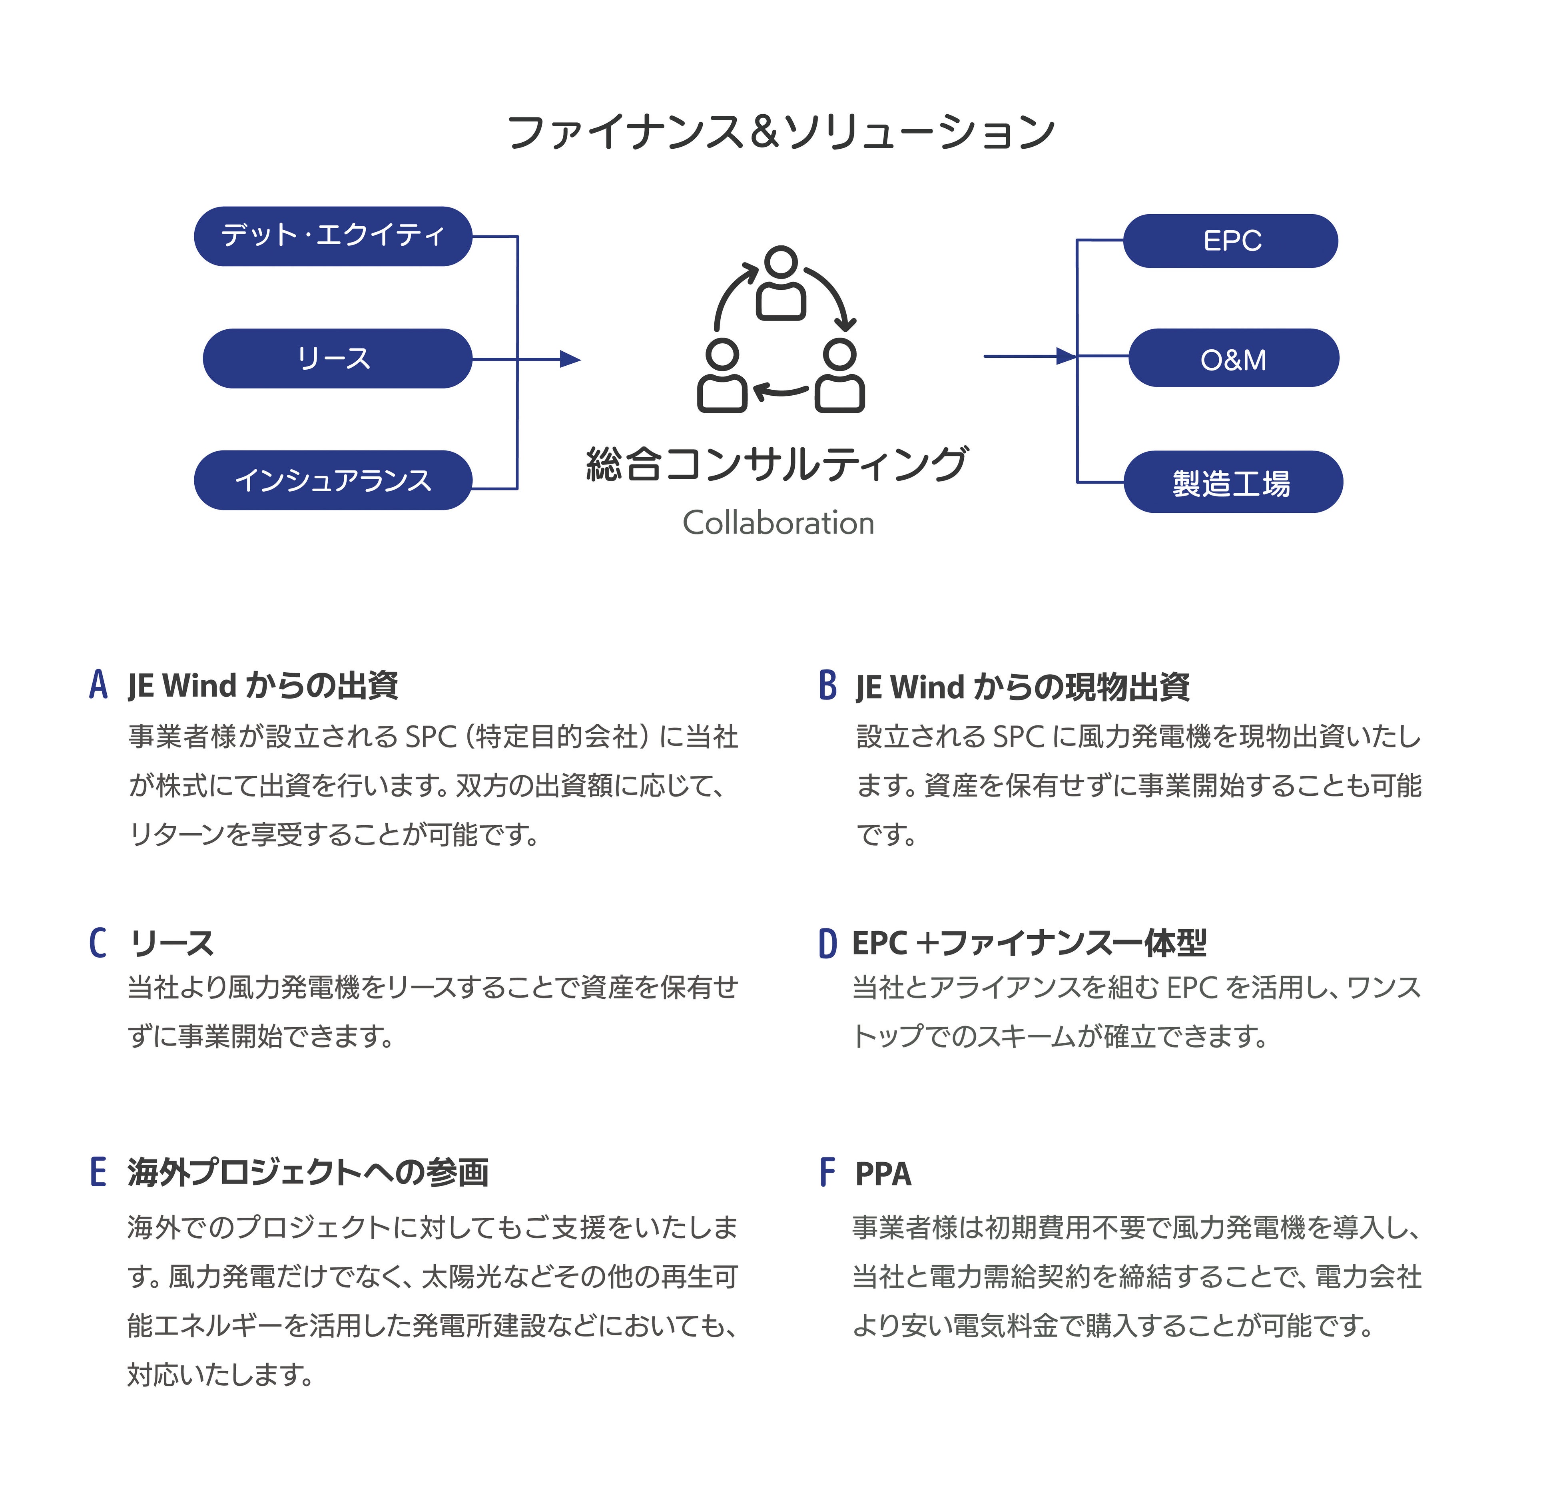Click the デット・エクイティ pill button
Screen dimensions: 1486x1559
coord(333,236)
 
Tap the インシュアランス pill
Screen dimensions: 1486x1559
coord(333,480)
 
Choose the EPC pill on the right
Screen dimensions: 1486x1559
coord(1230,241)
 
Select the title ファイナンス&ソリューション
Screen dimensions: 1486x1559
coord(780,131)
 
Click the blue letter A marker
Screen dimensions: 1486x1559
coord(98,684)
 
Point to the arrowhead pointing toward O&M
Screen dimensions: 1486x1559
coord(1067,357)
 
